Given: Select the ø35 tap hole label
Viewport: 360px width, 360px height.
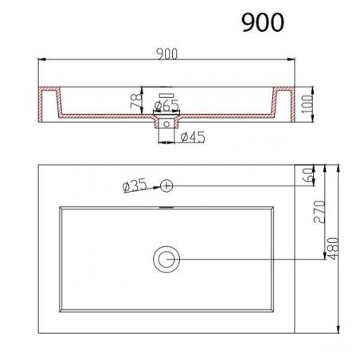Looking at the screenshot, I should tap(135, 186).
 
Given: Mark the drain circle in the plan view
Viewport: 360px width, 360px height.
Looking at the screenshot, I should tap(167, 258).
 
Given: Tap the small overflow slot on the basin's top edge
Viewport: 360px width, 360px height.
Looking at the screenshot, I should tap(167, 207).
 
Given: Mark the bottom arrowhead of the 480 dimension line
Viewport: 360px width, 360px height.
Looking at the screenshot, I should tap(340, 330).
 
